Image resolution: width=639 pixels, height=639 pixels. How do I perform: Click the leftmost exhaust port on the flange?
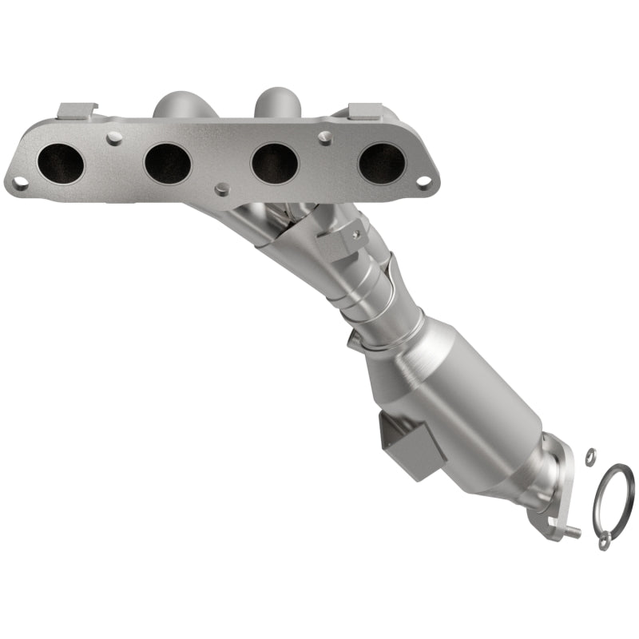pyautogui.click(x=60, y=163)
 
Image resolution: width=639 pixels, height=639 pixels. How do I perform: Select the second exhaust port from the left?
pyautogui.click(x=167, y=163)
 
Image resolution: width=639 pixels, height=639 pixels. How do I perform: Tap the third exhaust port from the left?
pyautogui.click(x=274, y=163)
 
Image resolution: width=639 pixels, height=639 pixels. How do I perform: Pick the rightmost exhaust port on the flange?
pyautogui.click(x=381, y=163)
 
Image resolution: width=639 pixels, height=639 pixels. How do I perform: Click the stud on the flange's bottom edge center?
pyautogui.click(x=222, y=189)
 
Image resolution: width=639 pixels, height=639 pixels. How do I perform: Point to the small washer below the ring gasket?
pyautogui.click(x=604, y=543)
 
